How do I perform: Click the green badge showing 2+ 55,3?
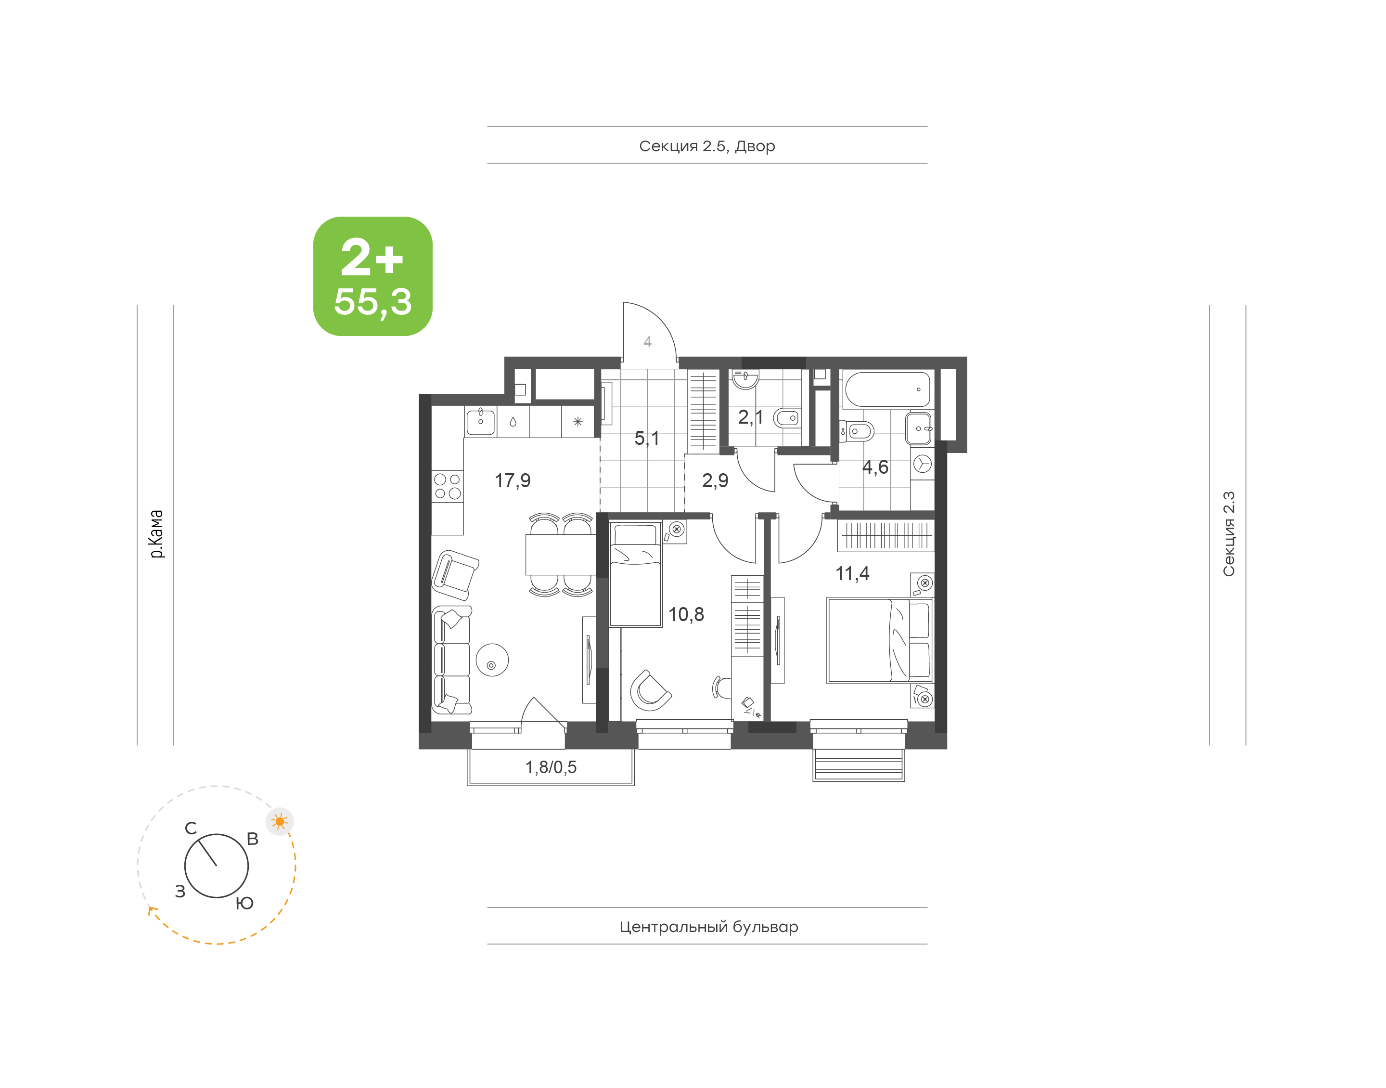click(x=372, y=276)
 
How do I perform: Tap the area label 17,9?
click(x=513, y=480)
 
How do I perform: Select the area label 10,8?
click(x=686, y=614)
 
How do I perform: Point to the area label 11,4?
click(x=852, y=573)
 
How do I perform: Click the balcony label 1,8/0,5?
click(x=551, y=767)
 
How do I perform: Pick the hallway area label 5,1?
click(x=647, y=438)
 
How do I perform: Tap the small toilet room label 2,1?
click(x=751, y=417)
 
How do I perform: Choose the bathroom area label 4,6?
click(x=875, y=467)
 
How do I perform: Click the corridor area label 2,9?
click(x=715, y=480)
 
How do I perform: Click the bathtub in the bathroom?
click(x=887, y=389)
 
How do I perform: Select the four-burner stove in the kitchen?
click(x=448, y=486)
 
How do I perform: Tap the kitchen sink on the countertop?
click(x=481, y=421)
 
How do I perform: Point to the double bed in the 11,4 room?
click(x=880, y=639)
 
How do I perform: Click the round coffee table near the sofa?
click(x=492, y=659)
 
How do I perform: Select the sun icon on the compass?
click(x=280, y=821)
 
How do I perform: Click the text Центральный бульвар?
click(x=708, y=927)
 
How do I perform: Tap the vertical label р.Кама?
click(x=156, y=534)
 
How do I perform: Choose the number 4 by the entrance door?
click(x=647, y=342)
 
